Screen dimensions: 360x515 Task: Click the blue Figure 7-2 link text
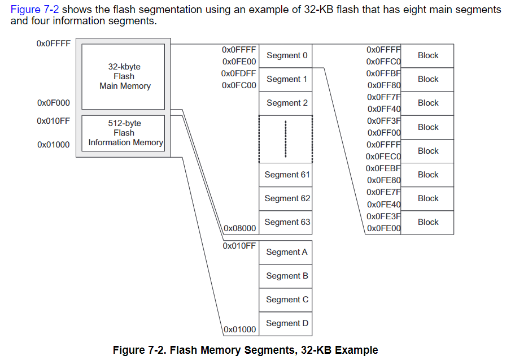pos(34,10)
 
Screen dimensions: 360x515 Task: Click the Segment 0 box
pos(286,55)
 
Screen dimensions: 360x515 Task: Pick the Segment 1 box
pos(286,79)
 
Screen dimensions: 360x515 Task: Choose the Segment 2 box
pos(286,103)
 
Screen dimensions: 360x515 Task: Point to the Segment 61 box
pos(286,175)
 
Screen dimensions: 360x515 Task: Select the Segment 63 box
pos(286,222)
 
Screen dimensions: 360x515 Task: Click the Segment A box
pos(286,252)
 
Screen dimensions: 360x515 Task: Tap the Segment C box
pos(286,300)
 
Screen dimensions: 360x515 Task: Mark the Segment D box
pos(286,323)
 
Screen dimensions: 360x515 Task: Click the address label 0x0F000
pos(54,103)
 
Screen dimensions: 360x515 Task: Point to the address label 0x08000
pos(240,228)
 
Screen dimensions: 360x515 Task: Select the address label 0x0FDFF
pos(239,73)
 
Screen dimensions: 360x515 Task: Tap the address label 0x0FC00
pos(239,86)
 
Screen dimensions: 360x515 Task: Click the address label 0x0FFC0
pos(383,62)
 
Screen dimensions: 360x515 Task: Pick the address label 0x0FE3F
pos(383,216)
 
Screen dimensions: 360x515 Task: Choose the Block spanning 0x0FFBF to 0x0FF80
pos(427,79)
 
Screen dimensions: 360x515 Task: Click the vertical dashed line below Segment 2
pos(286,139)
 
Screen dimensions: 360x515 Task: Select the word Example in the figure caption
pos(356,350)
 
